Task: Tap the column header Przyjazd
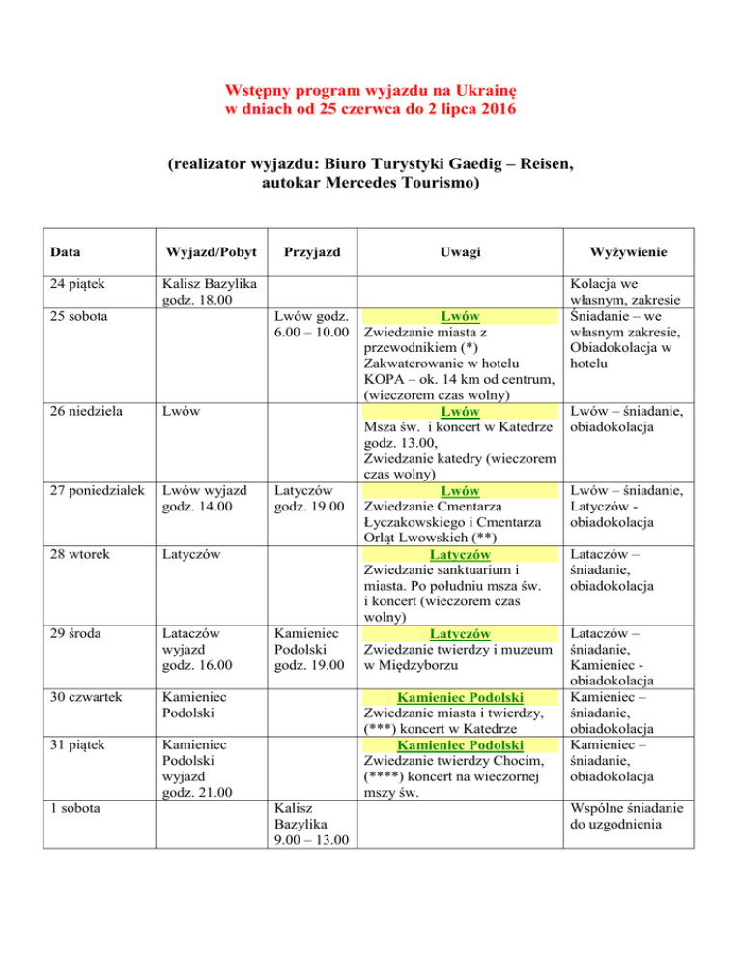[x=308, y=252]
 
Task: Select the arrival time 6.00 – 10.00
[x=306, y=334]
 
